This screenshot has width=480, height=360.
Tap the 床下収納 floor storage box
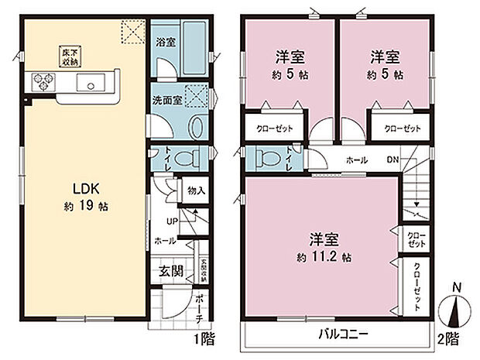pos(71,55)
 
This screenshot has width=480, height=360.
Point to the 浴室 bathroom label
pos(165,42)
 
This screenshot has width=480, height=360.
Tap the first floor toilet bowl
pos(183,157)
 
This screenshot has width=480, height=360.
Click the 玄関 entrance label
pos(171,271)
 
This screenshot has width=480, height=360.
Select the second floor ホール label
pos(356,160)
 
